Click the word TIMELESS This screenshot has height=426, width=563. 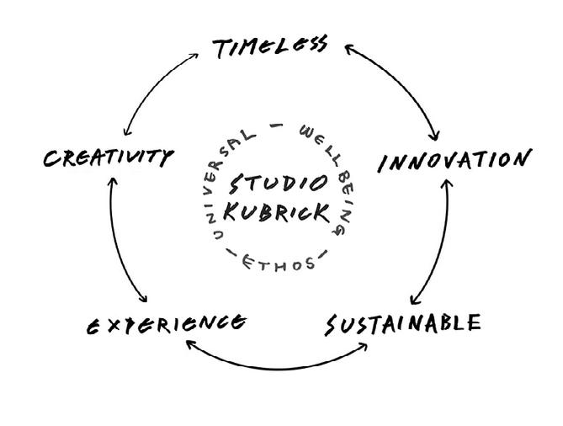click(269, 47)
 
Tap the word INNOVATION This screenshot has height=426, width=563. click(454, 160)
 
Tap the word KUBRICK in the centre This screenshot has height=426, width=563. click(277, 213)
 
